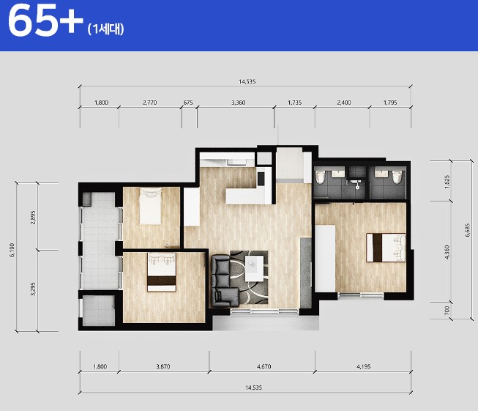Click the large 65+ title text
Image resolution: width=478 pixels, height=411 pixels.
point(45,21)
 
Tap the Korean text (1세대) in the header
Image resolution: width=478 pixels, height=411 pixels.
point(106,29)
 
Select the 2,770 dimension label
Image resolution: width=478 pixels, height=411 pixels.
point(149,103)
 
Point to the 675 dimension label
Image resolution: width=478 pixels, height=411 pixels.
point(188,103)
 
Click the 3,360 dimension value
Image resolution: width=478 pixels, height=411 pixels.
point(239,103)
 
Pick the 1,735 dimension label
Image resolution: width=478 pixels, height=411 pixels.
point(295,103)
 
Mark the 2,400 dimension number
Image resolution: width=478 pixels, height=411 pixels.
point(344,103)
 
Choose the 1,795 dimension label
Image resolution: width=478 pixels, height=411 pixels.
point(390,103)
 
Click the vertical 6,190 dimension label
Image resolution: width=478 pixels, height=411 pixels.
point(12,250)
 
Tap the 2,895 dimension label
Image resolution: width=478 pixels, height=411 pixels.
point(33,218)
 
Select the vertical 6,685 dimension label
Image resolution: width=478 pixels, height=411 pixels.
point(468,230)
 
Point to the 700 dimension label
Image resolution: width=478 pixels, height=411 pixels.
point(447,311)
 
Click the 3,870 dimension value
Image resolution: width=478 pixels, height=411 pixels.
point(163,366)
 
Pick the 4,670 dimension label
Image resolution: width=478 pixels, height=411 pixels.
point(264,366)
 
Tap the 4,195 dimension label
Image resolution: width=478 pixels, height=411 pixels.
point(364,366)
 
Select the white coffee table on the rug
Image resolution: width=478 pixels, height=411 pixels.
point(254,269)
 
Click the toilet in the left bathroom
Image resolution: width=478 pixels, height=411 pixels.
point(320,177)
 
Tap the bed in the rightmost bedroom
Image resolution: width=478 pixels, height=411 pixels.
point(386,248)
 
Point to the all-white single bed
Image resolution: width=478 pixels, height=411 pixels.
point(150,207)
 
